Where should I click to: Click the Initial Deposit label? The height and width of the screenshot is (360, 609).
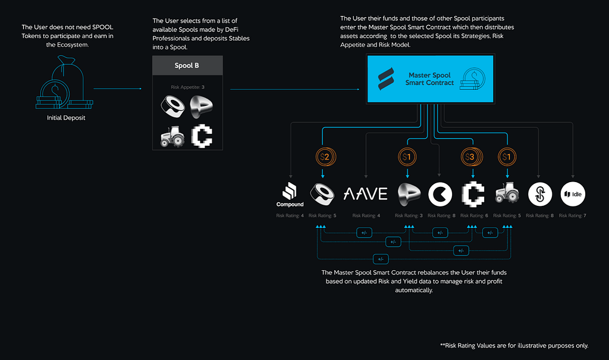(66, 118)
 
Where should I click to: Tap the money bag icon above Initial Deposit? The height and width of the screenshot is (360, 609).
(64, 83)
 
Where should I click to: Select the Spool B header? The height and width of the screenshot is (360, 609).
(187, 65)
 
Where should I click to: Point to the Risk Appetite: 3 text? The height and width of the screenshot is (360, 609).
(187, 87)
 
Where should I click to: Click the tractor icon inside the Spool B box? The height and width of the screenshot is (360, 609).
(172, 136)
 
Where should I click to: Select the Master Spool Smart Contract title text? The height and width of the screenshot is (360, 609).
(429, 79)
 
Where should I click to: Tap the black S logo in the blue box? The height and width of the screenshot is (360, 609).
(386, 79)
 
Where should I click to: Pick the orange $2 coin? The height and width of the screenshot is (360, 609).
(325, 157)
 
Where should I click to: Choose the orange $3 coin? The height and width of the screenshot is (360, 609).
(472, 157)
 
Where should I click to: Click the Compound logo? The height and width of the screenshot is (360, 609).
(290, 195)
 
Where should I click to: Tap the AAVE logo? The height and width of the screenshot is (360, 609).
(366, 194)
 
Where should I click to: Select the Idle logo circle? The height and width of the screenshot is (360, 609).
(573, 194)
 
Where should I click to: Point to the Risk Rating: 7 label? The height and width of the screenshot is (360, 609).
(573, 216)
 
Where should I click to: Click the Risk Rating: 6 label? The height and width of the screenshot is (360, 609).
(474, 216)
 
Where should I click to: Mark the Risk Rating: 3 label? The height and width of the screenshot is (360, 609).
(409, 216)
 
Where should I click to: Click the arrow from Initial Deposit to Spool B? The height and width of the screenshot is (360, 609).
(118, 89)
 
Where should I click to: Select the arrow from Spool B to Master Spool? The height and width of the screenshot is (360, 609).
(295, 89)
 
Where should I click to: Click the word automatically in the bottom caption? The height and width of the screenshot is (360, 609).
(414, 290)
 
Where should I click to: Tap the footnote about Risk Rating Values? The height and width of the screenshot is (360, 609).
(514, 346)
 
